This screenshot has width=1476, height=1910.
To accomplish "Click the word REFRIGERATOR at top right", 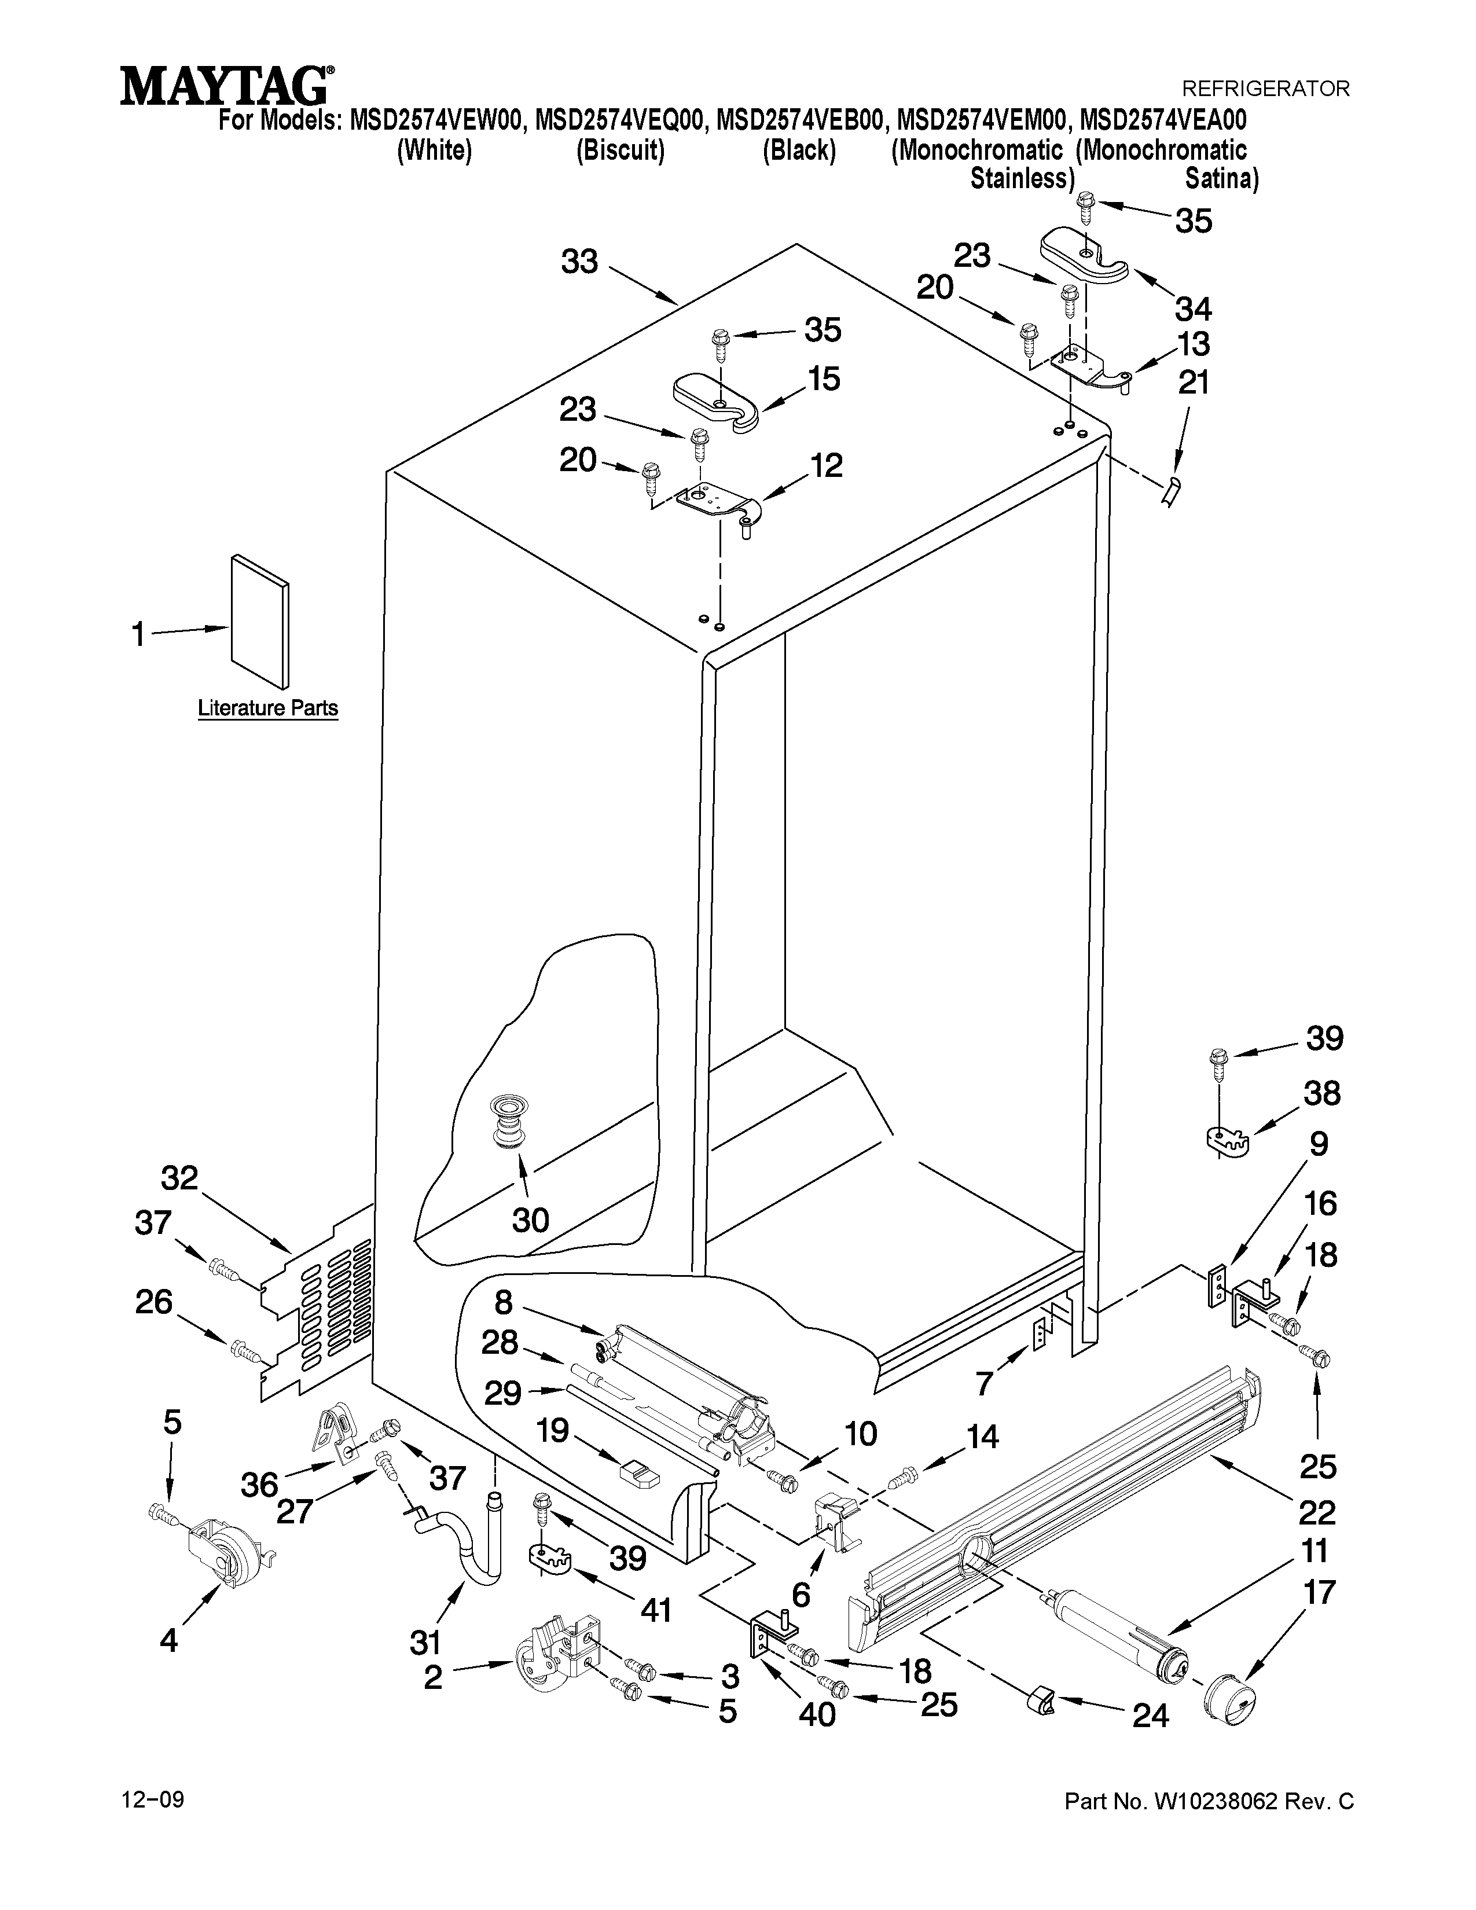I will click(1265, 89).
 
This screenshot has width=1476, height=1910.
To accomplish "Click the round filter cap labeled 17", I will click(1231, 1703).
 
